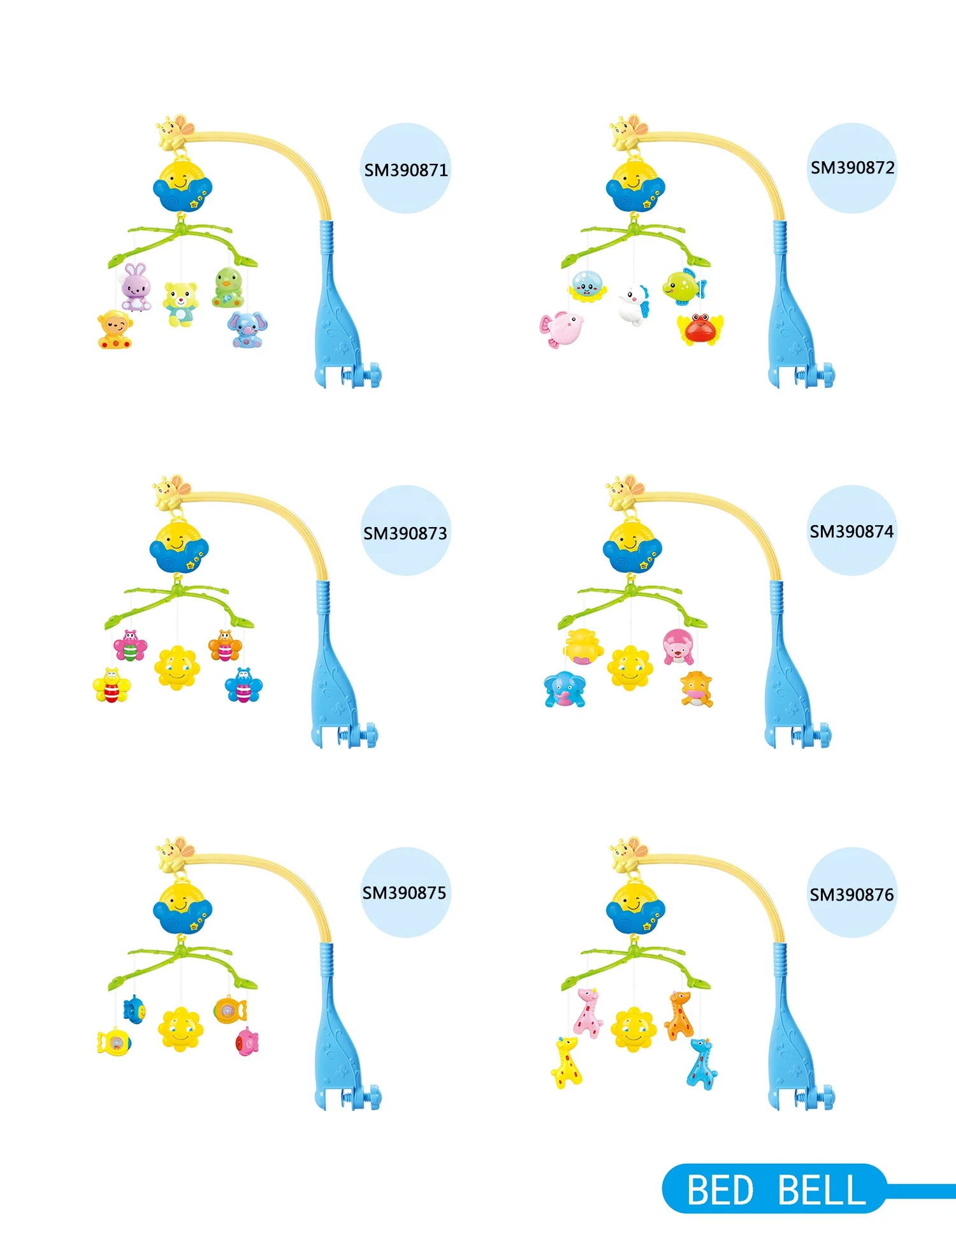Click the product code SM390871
pos(406,170)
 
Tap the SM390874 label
pos(851,532)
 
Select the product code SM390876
pos(851,895)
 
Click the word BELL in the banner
pos(822,1191)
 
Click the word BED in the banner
pos(720,1191)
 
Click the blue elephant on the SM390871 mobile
pos(247,329)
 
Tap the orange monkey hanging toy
pos(115,329)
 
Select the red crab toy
pos(700,328)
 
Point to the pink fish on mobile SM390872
pos(561,329)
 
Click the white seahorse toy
pos(634,305)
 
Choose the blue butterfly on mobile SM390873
pos(243,685)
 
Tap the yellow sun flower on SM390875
pos(180,1029)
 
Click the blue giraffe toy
pos(702,1063)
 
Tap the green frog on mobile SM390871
pos(228,287)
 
